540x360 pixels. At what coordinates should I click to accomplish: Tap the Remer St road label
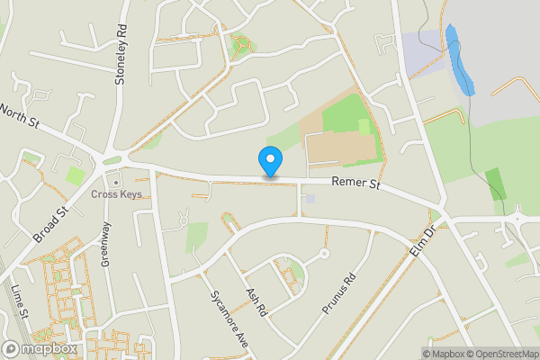point(356,184)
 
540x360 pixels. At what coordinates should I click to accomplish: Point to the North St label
point(19,116)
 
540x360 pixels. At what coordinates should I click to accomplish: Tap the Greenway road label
point(106,244)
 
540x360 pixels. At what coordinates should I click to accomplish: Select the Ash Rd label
point(258,301)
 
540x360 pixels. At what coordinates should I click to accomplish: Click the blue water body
point(459,61)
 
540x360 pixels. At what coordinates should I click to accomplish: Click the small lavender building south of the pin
point(310,198)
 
